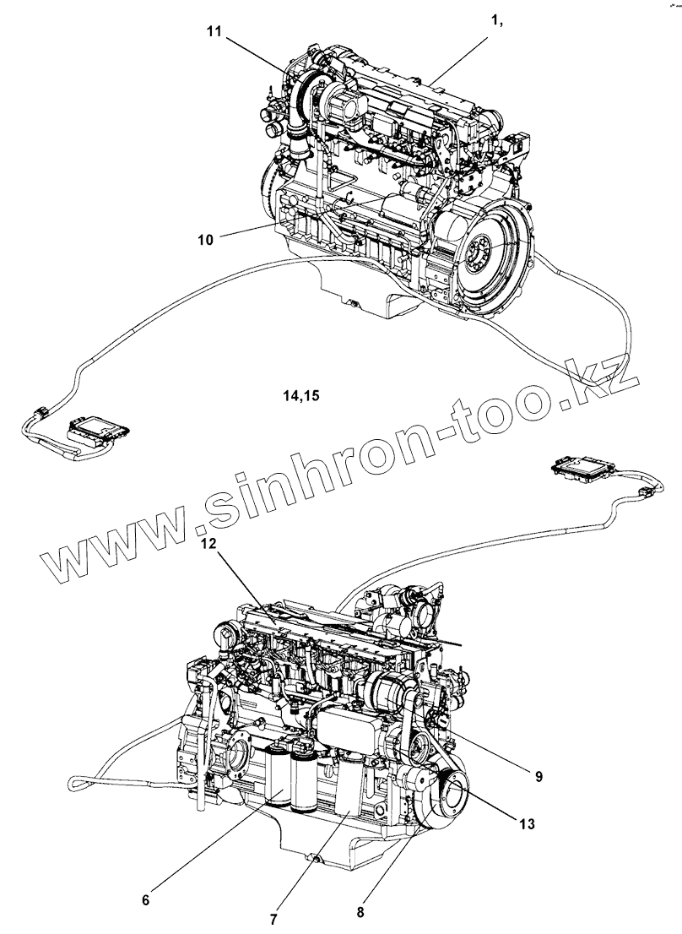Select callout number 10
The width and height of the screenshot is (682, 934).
click(x=205, y=240)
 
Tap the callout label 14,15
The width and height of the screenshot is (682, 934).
click(x=301, y=394)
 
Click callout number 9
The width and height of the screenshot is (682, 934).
click(x=538, y=775)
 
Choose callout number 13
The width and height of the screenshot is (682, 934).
click(x=527, y=824)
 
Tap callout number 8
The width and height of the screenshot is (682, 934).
click(x=360, y=911)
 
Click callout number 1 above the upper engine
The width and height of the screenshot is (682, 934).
click(x=497, y=21)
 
